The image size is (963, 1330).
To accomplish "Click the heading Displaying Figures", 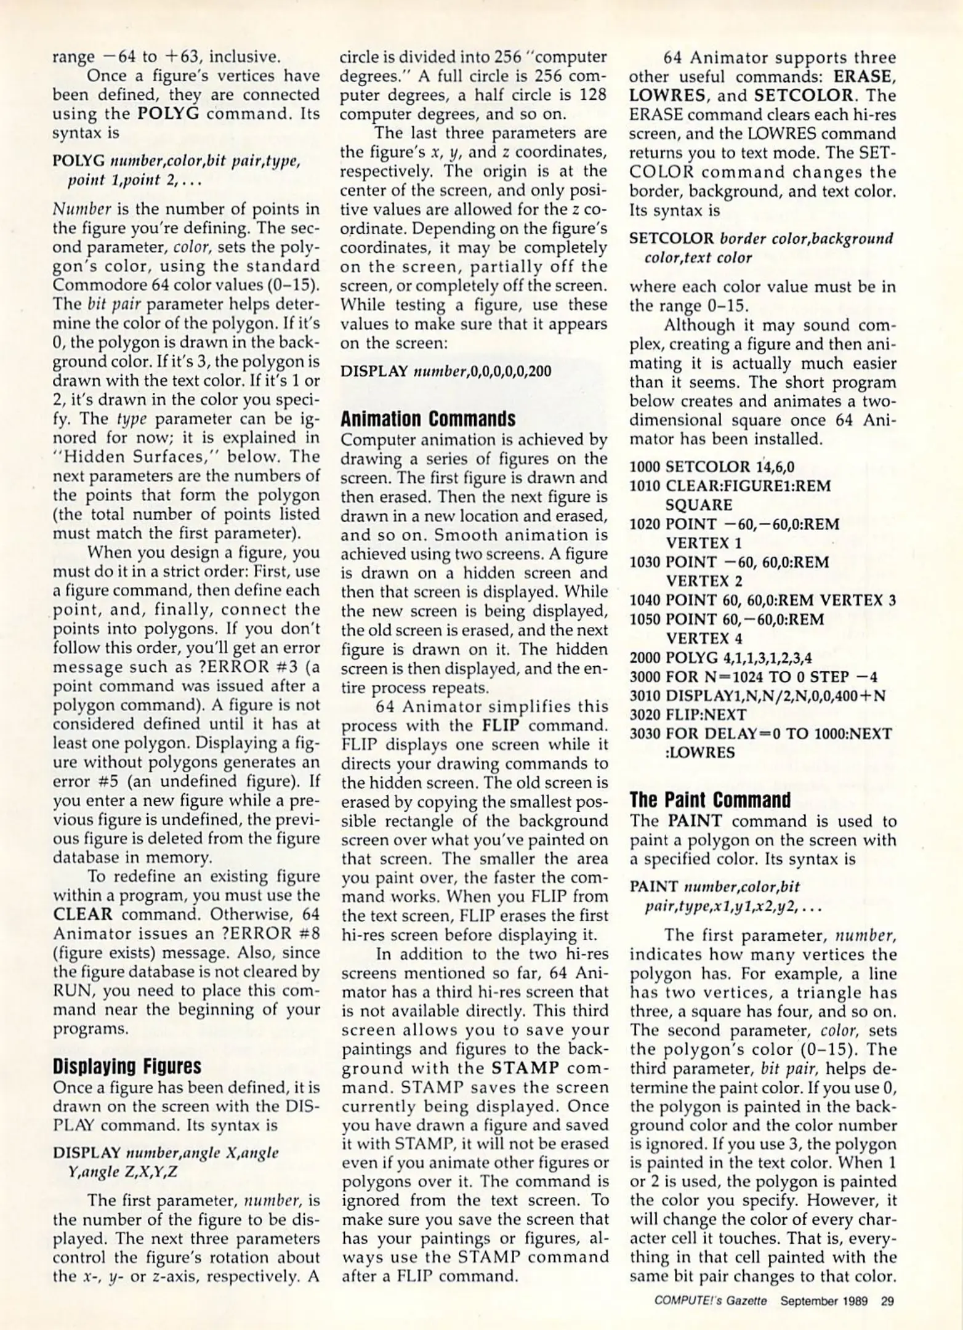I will tap(127, 1066).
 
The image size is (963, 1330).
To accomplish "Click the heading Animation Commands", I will tap(428, 419).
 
